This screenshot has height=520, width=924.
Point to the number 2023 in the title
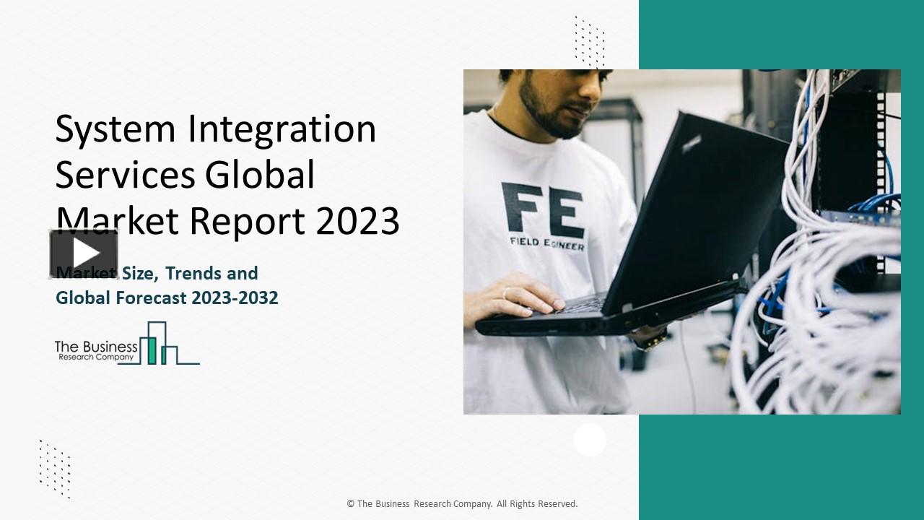[x=357, y=221]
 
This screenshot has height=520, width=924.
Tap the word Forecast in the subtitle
[x=151, y=298]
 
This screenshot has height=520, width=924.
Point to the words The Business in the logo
[x=96, y=347]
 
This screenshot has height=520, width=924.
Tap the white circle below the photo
[x=590, y=440]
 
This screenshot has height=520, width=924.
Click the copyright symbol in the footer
[x=351, y=504]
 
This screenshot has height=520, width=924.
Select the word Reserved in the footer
[x=557, y=504]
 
